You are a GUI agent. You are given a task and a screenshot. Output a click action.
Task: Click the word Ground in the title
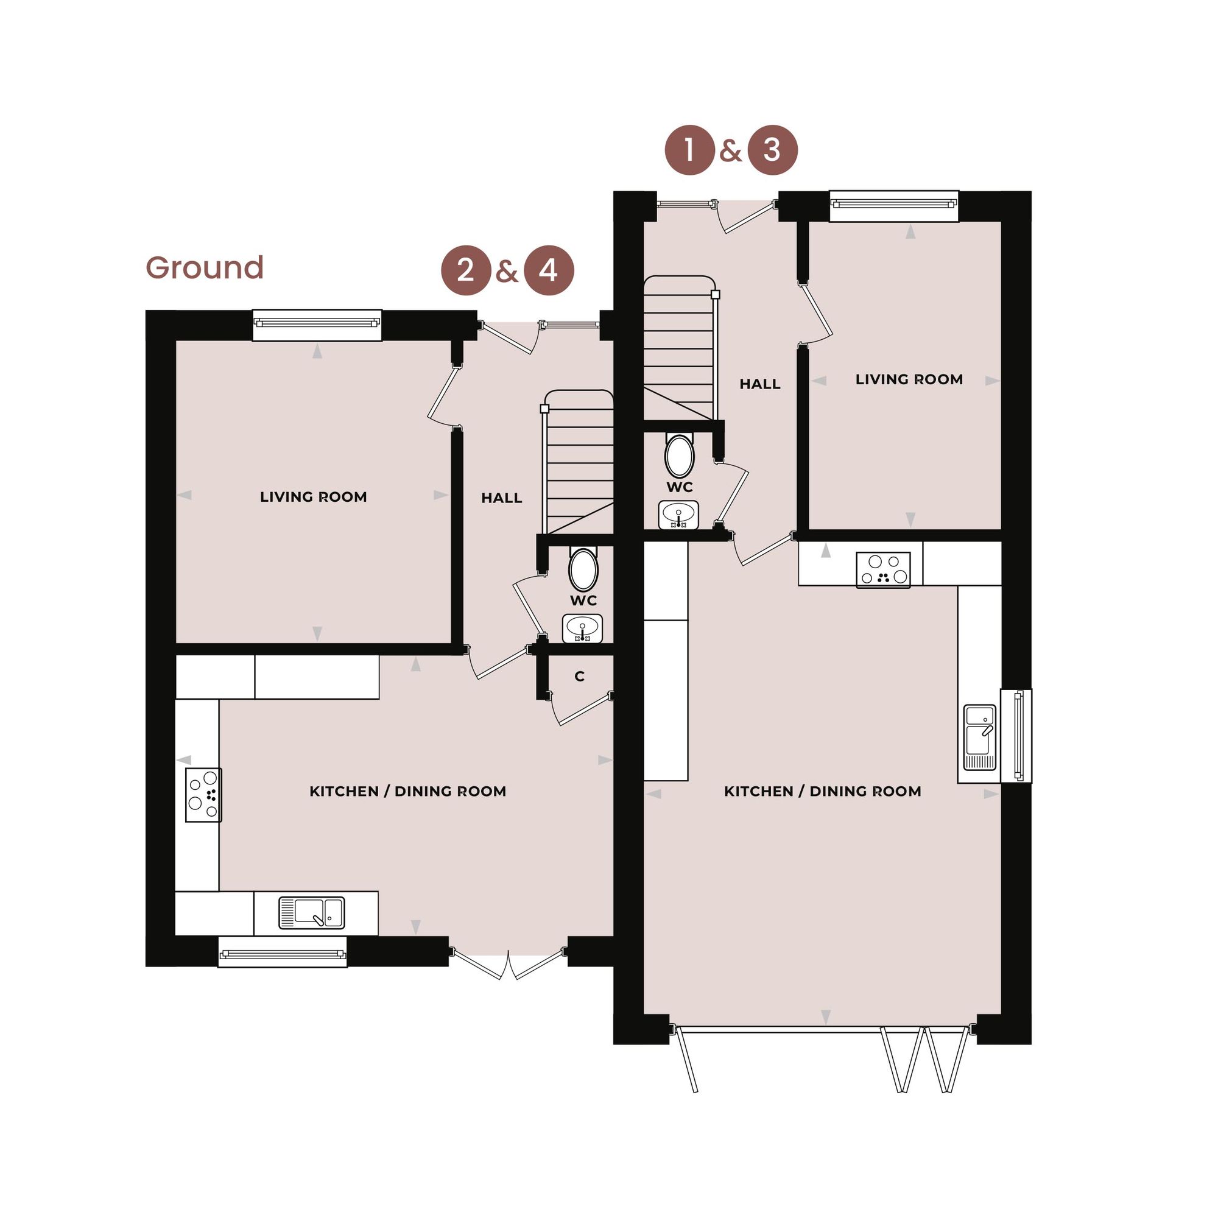click(204, 268)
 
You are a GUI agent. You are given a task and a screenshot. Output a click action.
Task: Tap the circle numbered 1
click(690, 150)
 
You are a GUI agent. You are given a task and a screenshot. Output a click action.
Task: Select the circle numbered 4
click(549, 270)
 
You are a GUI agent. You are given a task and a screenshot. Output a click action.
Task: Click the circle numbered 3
click(772, 150)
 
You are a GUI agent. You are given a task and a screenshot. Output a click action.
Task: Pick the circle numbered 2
click(465, 270)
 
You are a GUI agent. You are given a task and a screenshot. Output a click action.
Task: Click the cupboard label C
click(579, 677)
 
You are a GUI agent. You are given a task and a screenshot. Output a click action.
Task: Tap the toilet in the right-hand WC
click(679, 454)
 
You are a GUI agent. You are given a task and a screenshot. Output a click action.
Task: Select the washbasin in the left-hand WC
click(582, 628)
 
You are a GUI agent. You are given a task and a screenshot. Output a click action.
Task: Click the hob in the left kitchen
click(203, 794)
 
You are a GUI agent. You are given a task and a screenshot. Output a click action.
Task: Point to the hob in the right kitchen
click(882, 569)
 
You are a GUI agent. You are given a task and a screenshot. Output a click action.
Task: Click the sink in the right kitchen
click(979, 737)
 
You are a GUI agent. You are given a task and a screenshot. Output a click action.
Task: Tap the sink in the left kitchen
click(311, 913)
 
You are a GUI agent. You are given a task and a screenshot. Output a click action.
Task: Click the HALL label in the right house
click(759, 384)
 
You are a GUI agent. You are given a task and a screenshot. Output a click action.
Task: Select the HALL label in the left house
click(501, 498)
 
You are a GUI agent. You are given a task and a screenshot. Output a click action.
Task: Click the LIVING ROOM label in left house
click(313, 497)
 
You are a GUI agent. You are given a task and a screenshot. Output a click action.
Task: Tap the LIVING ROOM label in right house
click(909, 379)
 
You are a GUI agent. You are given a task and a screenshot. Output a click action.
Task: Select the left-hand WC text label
click(583, 600)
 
